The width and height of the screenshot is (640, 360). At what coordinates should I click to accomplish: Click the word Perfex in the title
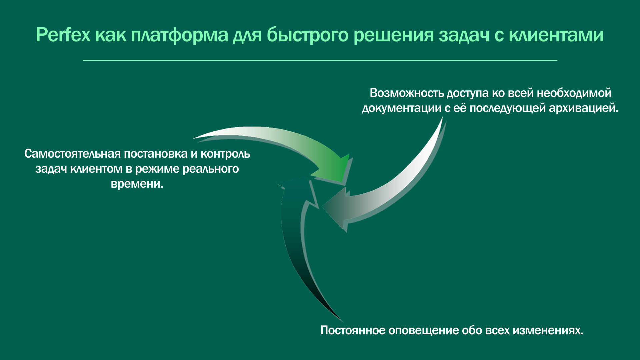(x=63, y=34)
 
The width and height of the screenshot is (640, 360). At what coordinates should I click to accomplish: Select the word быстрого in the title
(x=307, y=35)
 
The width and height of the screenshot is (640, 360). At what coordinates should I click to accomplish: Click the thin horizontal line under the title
(x=320, y=60)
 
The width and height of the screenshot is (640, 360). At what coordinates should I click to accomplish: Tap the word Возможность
(x=407, y=93)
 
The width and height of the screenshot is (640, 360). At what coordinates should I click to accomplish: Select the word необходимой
(x=574, y=93)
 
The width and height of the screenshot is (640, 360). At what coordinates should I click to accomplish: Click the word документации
(x=402, y=108)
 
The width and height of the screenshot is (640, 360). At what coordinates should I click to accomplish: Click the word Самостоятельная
(x=73, y=154)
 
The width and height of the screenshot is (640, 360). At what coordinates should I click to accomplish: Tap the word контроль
(x=225, y=154)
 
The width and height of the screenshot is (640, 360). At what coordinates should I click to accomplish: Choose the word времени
(x=137, y=184)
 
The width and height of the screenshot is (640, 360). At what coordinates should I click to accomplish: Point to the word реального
(x=211, y=169)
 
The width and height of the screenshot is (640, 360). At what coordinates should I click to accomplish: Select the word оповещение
(x=423, y=330)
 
